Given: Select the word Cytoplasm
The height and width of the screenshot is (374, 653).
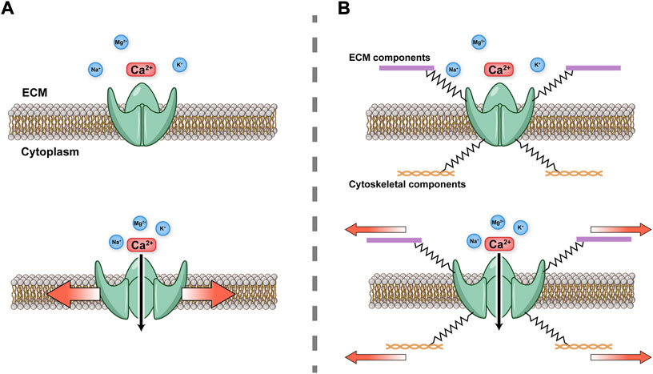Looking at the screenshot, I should click(x=53, y=151).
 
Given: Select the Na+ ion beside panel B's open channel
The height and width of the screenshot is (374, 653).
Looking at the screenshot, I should click(x=475, y=240).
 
